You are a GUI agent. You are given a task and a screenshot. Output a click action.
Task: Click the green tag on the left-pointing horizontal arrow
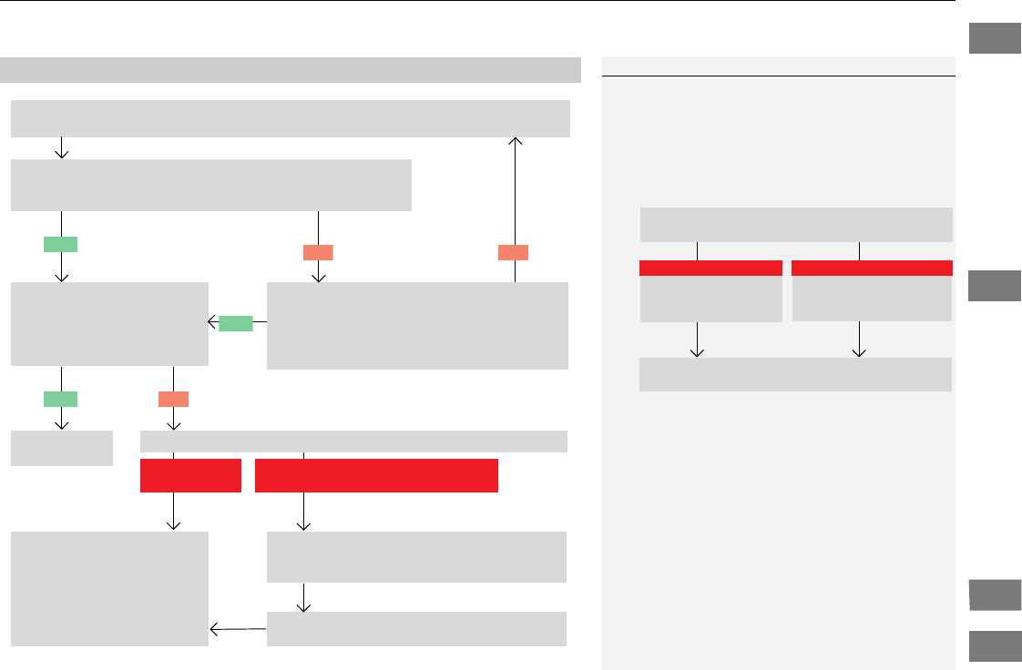tap(235, 322)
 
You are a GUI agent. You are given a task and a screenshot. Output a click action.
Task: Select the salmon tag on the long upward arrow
tap(515, 252)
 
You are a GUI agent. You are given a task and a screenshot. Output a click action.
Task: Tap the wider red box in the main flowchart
tap(376, 475)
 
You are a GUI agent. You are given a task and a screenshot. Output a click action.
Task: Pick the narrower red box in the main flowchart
tap(190, 475)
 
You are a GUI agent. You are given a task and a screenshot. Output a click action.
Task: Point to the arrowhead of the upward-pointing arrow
tap(516, 141)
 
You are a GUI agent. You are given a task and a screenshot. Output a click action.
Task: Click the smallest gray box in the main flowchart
tap(62, 448)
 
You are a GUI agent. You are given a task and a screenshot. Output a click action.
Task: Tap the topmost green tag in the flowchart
tap(60, 243)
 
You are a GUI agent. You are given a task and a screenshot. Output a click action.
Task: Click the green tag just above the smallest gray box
tap(60, 398)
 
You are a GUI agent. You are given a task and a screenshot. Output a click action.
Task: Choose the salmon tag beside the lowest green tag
tap(173, 398)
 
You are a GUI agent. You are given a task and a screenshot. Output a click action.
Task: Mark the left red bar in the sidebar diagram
tap(710, 268)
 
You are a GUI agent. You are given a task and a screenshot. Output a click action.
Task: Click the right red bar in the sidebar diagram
tap(872, 268)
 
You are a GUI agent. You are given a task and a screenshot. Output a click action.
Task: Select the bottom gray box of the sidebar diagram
tap(795, 374)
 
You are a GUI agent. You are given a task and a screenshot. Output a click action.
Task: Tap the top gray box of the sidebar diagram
tap(796, 225)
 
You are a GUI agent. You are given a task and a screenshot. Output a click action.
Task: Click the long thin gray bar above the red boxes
tap(354, 442)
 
